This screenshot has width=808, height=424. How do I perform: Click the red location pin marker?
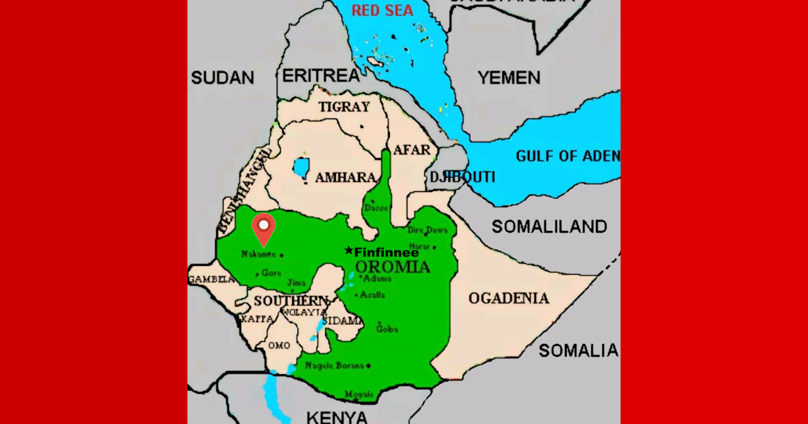click(x=263, y=227)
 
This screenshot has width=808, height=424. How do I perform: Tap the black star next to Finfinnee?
click(x=348, y=250)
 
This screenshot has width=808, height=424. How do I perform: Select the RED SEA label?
click(x=382, y=10)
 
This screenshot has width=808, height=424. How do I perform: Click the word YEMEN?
click(x=509, y=77)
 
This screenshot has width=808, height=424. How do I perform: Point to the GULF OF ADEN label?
click(x=567, y=156)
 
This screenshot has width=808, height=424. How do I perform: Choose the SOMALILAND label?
click(x=549, y=226)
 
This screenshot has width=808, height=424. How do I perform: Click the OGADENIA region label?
click(x=509, y=297)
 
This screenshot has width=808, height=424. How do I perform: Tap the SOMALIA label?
click(x=578, y=350)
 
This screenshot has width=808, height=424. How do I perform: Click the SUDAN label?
click(x=222, y=77)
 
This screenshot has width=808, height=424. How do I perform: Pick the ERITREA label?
click(x=321, y=75)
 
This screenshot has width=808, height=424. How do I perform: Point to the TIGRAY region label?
click(x=344, y=107)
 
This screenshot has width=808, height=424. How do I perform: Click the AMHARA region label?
click(x=345, y=177)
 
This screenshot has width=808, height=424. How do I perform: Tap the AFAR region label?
click(x=411, y=149)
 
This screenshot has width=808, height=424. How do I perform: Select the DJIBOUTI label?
click(x=462, y=177)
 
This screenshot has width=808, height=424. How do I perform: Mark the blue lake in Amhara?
click(x=301, y=168)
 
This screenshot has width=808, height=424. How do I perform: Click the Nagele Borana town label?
click(x=335, y=365)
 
